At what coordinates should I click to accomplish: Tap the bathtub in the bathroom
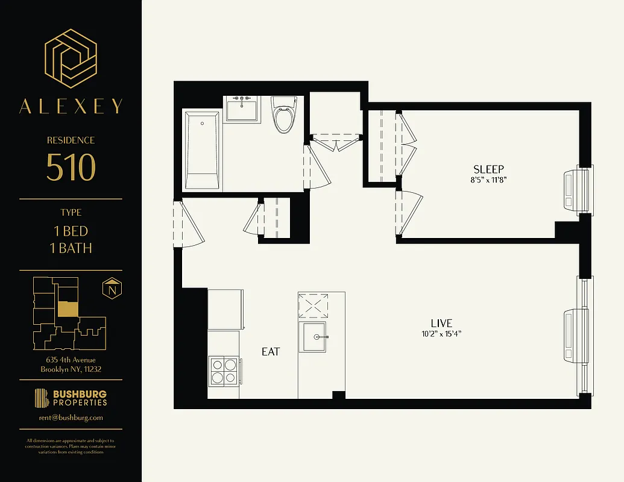pos(202,150)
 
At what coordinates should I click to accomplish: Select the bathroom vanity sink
pos(242,109)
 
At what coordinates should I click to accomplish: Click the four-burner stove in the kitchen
pos(224,371)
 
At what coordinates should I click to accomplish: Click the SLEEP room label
pos(488,169)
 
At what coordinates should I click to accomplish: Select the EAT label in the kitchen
pos(271,351)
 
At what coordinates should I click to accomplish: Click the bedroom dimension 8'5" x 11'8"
pos(488,180)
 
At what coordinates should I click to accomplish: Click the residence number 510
pos(71,167)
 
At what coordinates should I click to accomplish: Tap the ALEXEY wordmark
pos(71,107)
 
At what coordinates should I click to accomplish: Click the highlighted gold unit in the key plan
pos(68,309)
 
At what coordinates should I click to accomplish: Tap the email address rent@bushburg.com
pos(71,418)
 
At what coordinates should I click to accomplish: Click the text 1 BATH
pos(71,248)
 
